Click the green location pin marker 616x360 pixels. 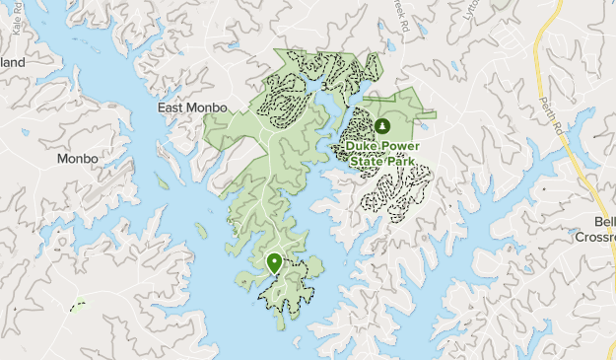tap(274, 263)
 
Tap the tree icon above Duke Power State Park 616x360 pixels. tap(381, 127)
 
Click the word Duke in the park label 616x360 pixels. tap(360, 147)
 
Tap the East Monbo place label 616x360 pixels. tap(193, 108)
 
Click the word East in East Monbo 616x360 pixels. tap(173, 108)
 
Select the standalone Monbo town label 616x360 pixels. tap(77, 158)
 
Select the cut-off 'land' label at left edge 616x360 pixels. tap(12, 62)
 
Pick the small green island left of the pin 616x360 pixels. tap(201, 231)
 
